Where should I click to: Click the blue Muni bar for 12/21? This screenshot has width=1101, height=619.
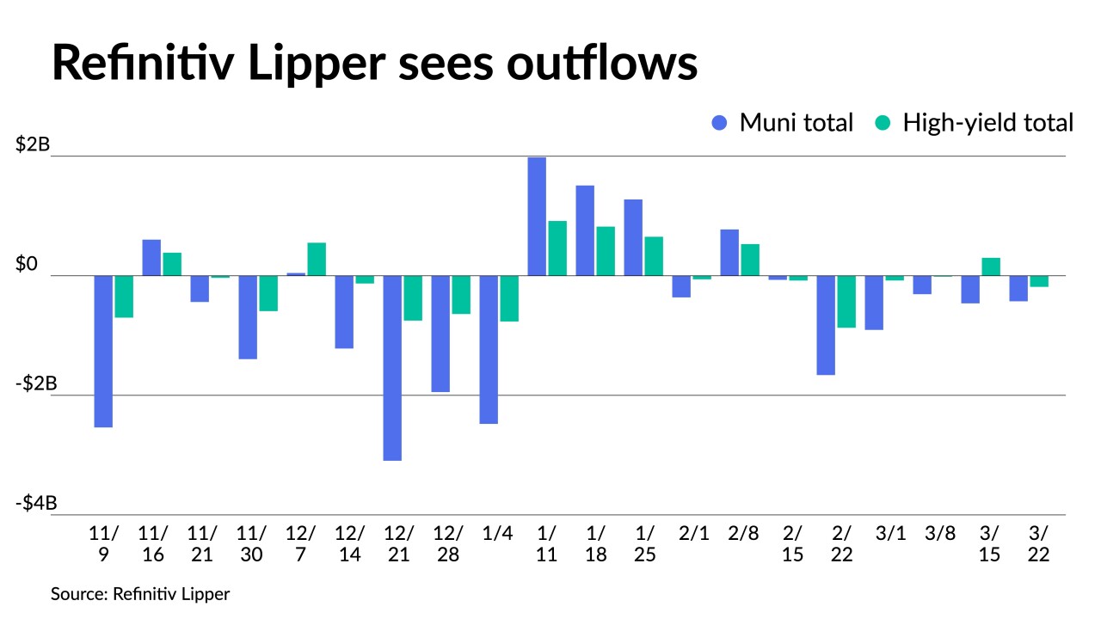point(392,368)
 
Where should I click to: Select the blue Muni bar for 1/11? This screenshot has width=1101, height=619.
point(537,217)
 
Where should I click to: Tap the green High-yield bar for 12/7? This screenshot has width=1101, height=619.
point(317,259)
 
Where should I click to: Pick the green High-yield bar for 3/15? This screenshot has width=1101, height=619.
point(991,267)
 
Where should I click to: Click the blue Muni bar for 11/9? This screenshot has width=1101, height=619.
point(103,351)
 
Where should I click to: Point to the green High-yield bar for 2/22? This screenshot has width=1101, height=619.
point(846,302)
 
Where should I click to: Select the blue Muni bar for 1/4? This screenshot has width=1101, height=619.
point(489,349)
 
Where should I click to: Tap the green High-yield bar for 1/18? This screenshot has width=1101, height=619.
point(606,251)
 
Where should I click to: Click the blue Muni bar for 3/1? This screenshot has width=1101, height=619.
point(874,303)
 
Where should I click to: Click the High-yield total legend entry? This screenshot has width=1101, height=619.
point(975,123)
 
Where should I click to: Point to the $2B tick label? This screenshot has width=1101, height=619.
point(34,145)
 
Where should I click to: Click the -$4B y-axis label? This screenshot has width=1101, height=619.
point(35,503)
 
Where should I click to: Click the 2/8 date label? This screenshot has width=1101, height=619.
point(743,533)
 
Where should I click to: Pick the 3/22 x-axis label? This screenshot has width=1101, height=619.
point(1038,543)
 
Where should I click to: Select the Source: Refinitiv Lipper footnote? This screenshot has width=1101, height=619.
point(140,594)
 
